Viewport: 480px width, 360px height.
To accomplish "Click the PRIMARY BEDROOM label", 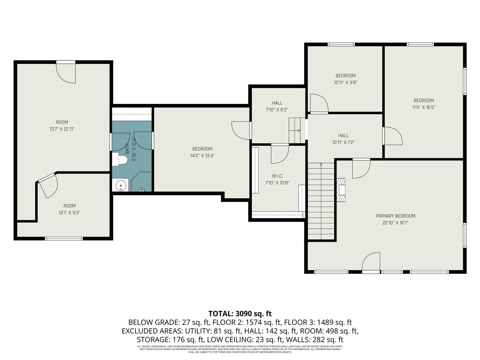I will tap(395, 216).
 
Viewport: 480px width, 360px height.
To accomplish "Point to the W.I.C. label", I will tap(277, 176).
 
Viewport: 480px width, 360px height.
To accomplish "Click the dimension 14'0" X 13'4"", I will tap(202, 156).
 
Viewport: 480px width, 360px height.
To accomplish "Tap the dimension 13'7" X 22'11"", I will tap(62, 129).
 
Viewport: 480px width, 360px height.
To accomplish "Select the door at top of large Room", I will tap(66, 72).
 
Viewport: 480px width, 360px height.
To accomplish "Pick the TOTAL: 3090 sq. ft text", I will tap(240, 313).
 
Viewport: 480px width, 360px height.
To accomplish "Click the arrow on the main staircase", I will tap(321, 165).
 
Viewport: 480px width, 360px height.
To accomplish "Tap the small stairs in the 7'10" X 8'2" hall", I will tap(295, 130).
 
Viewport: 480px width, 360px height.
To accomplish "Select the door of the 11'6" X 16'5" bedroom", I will tap(393, 136).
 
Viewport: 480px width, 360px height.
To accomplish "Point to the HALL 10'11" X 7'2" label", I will tap(343, 139).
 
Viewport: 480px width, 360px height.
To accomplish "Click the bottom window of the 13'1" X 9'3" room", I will tap(64, 238).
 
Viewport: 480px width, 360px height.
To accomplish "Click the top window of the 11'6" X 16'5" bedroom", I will tap(420, 44).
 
